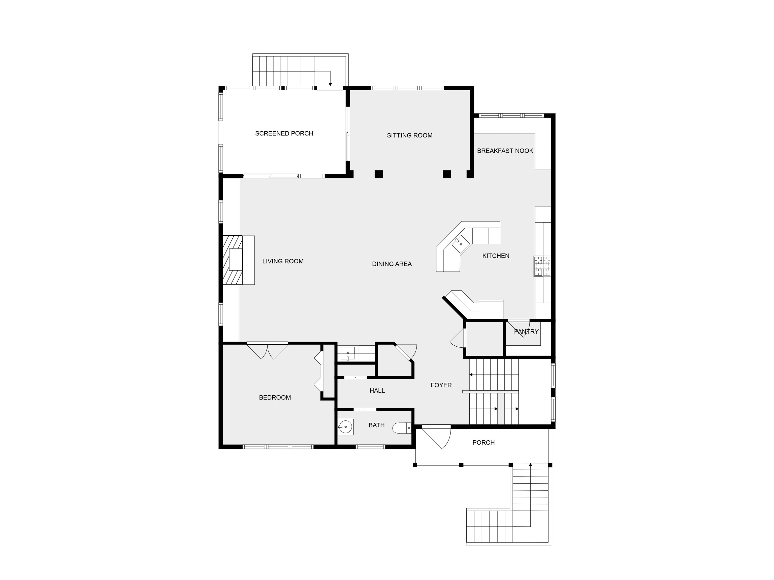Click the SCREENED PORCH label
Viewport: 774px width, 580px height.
pos(284,133)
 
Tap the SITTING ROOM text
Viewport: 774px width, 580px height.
pos(410,135)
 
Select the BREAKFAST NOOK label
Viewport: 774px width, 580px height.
pos(505,151)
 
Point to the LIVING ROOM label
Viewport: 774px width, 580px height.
pos(283,261)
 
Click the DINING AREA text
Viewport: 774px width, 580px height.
pos(392,264)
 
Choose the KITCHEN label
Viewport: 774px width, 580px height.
pos(496,256)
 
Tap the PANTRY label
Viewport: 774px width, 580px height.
pos(526,332)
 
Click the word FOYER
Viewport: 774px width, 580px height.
pos(441,385)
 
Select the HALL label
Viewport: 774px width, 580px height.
pos(377,390)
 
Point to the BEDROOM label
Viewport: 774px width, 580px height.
pos(275,397)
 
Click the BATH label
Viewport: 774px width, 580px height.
pos(376,425)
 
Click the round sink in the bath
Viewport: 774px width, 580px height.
pos(345,427)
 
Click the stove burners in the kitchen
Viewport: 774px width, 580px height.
pos(542,266)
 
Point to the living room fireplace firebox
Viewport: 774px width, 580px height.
pos(236,259)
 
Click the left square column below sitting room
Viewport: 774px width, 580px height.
pos(379,174)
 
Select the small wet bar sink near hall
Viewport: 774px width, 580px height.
pos(347,353)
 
